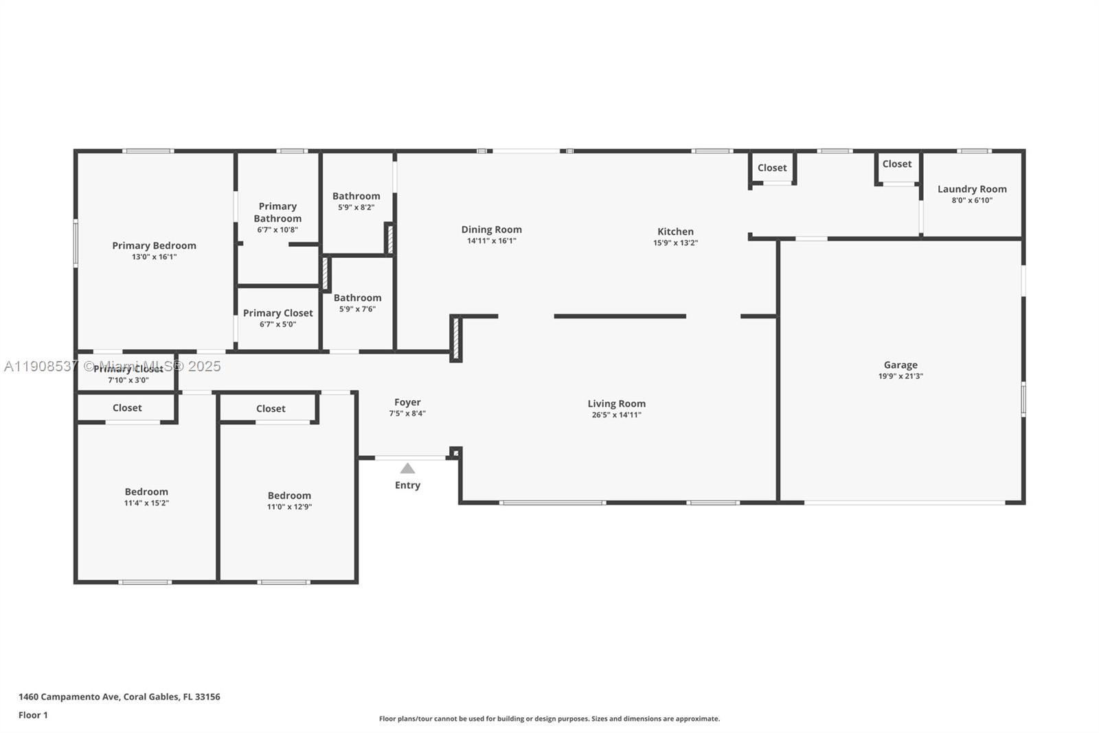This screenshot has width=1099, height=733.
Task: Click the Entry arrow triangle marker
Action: coord(407,468)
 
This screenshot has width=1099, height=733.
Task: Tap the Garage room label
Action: coord(900,365)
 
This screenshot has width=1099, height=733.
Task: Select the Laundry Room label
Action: coord(972,189)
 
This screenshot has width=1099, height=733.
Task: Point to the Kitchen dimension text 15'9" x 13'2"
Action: coord(675,243)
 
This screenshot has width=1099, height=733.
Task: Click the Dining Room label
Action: coord(491,230)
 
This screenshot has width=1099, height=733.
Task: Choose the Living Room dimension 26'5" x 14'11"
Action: coord(616,415)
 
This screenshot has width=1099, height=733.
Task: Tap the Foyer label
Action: coord(407,402)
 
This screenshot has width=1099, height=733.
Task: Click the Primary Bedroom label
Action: coord(154,245)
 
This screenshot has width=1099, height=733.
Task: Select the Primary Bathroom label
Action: coord(277,212)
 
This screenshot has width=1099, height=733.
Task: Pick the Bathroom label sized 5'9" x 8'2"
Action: coord(356,196)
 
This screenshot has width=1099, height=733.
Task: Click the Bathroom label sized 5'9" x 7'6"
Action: coord(357,298)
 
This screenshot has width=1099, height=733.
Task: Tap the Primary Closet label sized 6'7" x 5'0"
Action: coord(277,313)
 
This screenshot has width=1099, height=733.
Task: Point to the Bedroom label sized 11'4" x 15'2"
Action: coord(146,492)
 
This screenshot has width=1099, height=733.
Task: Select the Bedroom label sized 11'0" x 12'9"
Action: coord(289,495)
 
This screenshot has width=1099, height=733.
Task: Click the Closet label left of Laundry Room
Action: coord(897,164)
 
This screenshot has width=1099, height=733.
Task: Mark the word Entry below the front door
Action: coord(407,485)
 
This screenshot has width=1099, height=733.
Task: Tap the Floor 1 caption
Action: coord(33,715)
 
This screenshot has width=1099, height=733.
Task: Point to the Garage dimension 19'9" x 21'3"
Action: coord(900,376)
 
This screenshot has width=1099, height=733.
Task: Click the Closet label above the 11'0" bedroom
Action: coord(271,408)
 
